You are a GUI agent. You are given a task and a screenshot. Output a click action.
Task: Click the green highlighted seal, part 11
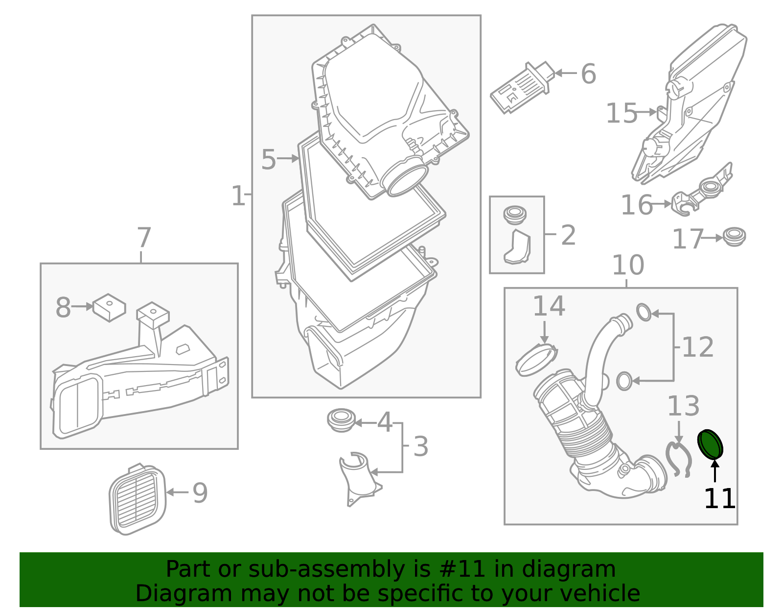[710, 444]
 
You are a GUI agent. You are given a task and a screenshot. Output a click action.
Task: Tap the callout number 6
[588, 74]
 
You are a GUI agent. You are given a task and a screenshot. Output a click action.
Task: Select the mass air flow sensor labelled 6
[521, 88]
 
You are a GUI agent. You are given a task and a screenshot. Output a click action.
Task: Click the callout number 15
[622, 113]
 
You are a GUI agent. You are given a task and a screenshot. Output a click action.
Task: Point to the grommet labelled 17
[735, 237]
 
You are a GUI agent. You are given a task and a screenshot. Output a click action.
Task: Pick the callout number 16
[637, 205]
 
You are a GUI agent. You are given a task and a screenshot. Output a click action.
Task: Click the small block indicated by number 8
[109, 307]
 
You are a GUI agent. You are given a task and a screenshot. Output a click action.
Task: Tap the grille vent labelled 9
[138, 499]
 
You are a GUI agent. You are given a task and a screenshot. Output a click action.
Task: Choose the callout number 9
[200, 493]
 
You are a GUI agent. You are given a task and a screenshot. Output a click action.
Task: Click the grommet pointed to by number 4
[341, 420]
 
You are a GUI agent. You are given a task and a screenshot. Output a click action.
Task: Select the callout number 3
[420, 446]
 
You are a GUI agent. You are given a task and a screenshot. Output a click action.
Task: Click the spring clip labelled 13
[678, 460]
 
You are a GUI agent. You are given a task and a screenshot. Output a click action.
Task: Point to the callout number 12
[698, 347]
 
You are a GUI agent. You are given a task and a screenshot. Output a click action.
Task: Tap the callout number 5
[269, 159]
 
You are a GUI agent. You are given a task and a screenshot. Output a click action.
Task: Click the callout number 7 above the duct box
[144, 238]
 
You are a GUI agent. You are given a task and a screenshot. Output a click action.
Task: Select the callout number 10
[628, 266]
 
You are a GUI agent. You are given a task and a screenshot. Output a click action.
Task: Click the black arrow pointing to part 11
[715, 470]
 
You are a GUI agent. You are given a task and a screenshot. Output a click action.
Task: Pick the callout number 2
[568, 235]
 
